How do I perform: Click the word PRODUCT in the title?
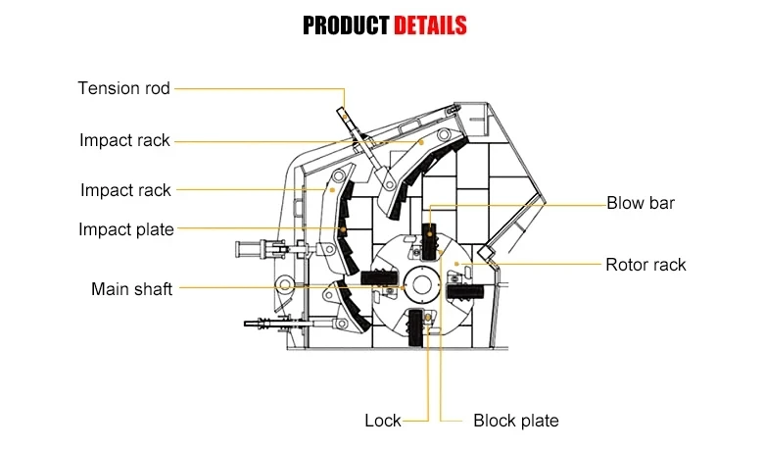[x=346, y=25]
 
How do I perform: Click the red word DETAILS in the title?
[x=430, y=25]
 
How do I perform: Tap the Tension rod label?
[x=123, y=88]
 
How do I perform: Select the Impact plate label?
[x=126, y=229]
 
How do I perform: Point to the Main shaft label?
[x=131, y=288]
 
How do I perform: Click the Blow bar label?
[x=641, y=203]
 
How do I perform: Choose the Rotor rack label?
[x=645, y=265]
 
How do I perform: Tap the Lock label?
[x=382, y=421]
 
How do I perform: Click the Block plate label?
[x=516, y=421]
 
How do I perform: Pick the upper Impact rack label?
[x=124, y=140]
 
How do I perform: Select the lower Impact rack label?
[x=125, y=190]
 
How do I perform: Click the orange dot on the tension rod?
[x=345, y=117]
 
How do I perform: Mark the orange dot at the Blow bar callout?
[x=430, y=234]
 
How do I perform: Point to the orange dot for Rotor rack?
[x=456, y=265]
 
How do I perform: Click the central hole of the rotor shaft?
[x=422, y=284]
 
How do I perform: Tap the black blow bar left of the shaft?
[x=380, y=278]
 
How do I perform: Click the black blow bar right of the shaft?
[x=465, y=292]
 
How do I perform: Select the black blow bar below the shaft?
[x=415, y=328]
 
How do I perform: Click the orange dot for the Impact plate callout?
[x=343, y=229]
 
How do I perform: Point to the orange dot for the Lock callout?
[x=428, y=319]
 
